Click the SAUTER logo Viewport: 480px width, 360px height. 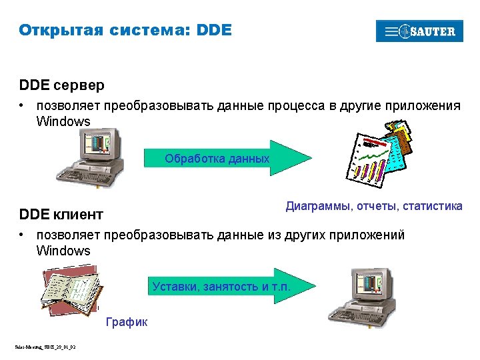coord(419,31)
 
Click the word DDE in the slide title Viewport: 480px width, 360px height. coord(215,30)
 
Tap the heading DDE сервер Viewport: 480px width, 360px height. coord(62,86)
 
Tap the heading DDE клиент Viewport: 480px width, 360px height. coord(61,215)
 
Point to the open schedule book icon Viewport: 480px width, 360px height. coord(69,291)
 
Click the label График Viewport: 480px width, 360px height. coord(127,323)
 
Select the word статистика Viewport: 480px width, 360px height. coord(432,206)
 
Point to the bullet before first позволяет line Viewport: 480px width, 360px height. coord(22,105)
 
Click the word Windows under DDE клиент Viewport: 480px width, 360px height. coord(63,251)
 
